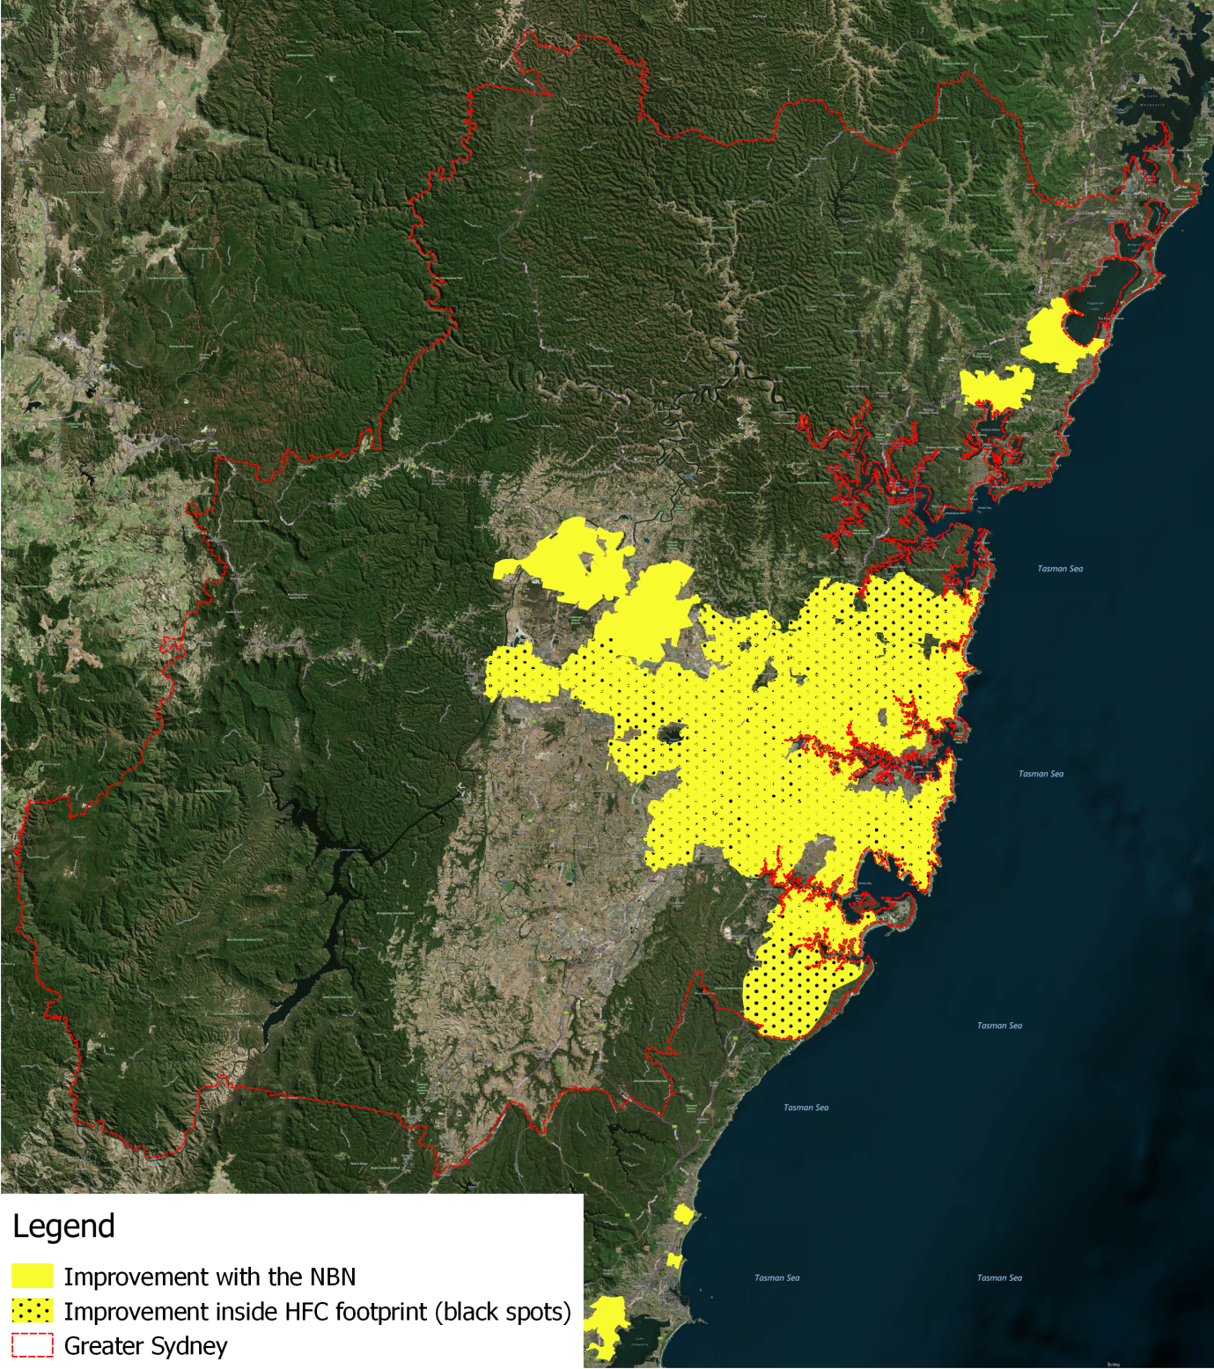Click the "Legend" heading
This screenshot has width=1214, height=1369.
tap(63, 1226)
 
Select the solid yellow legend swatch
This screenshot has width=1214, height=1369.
tap(33, 1277)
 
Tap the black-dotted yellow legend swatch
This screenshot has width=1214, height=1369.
tap(33, 1311)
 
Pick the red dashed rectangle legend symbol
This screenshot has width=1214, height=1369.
tap(33, 1346)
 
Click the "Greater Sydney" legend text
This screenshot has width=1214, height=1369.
tap(145, 1346)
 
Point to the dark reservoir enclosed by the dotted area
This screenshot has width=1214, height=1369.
tap(671, 732)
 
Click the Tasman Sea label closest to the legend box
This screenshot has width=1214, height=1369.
tap(776, 1277)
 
